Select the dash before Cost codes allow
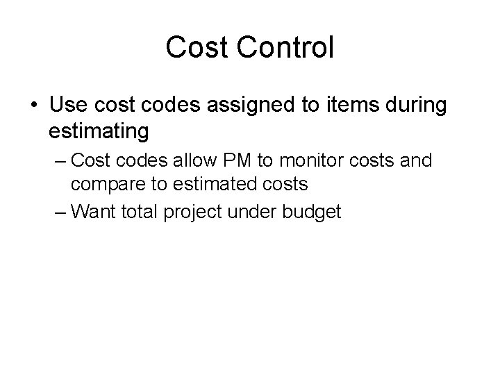pyautogui.click(x=59, y=161)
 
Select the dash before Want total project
pyautogui.click(x=59, y=211)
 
